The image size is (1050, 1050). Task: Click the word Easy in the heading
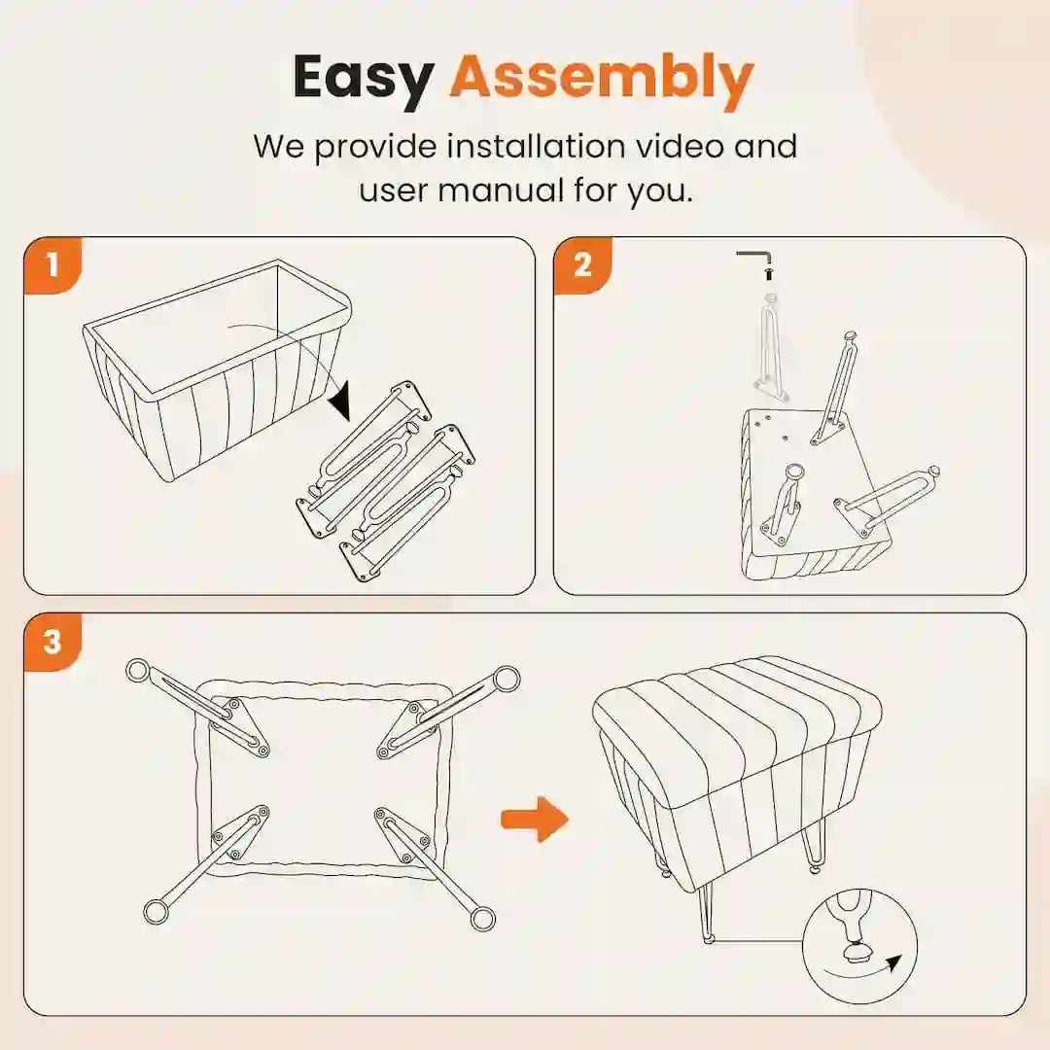pyautogui.click(x=364, y=79)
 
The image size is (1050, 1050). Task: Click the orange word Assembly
pyautogui.click(x=602, y=79)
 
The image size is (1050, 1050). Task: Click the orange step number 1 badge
pyautogui.click(x=52, y=265)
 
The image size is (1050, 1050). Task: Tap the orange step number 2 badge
pyautogui.click(x=582, y=265)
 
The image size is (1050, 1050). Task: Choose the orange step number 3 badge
pyautogui.click(x=52, y=643)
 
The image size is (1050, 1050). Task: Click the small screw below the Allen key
pyautogui.click(x=768, y=273)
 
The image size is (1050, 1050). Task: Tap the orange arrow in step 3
pyautogui.click(x=535, y=819)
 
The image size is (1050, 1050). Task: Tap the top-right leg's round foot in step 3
pyautogui.click(x=507, y=679)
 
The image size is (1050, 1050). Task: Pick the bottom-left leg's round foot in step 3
pyautogui.click(x=156, y=911)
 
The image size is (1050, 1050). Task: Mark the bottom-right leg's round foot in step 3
pyautogui.click(x=482, y=918)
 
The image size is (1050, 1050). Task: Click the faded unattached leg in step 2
pyautogui.click(x=771, y=345)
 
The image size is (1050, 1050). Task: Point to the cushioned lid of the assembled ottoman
pyautogui.click(x=737, y=710)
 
